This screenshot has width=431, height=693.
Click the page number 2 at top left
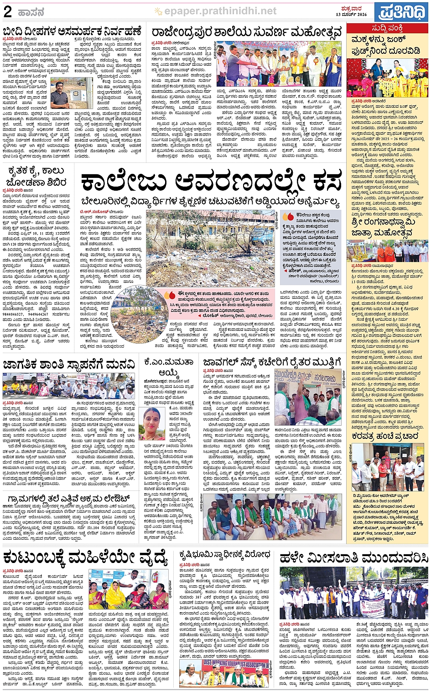(7, 11)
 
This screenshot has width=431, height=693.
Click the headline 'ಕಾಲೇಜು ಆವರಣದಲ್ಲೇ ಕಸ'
(211, 183)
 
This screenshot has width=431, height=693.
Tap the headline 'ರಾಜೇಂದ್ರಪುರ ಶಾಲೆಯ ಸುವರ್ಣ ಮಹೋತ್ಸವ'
(247, 32)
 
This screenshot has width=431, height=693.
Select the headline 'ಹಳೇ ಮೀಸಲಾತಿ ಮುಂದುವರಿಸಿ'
(354, 558)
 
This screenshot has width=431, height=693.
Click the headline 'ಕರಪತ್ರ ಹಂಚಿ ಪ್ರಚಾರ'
(385, 437)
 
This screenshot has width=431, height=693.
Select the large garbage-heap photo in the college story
(210, 249)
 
